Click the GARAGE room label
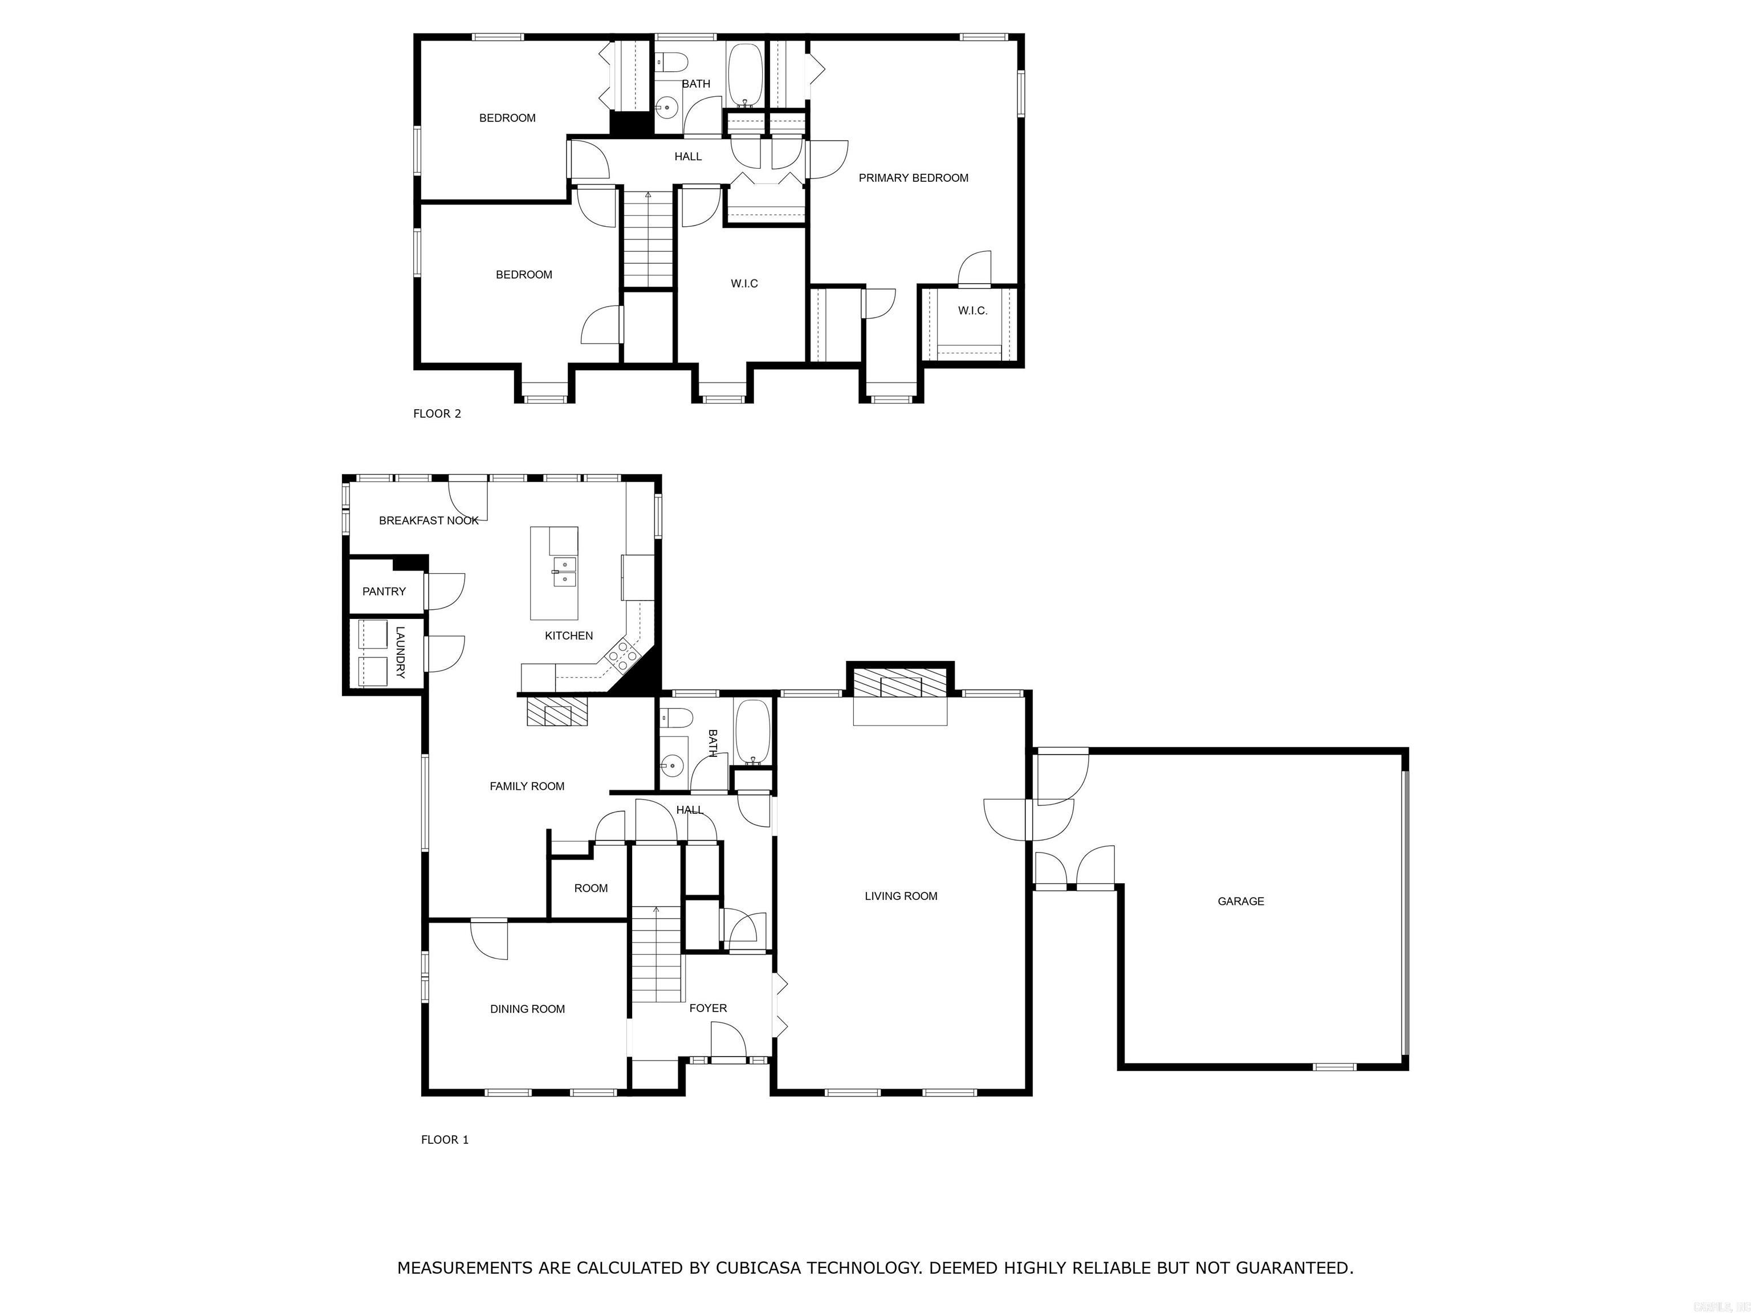click(1240, 900)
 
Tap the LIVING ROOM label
click(901, 896)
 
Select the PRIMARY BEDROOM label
click(914, 178)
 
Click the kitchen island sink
click(565, 572)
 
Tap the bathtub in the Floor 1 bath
click(751, 733)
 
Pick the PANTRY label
click(384, 591)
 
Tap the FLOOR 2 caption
click(437, 413)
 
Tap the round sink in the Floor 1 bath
click(672, 765)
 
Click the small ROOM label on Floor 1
click(591, 888)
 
